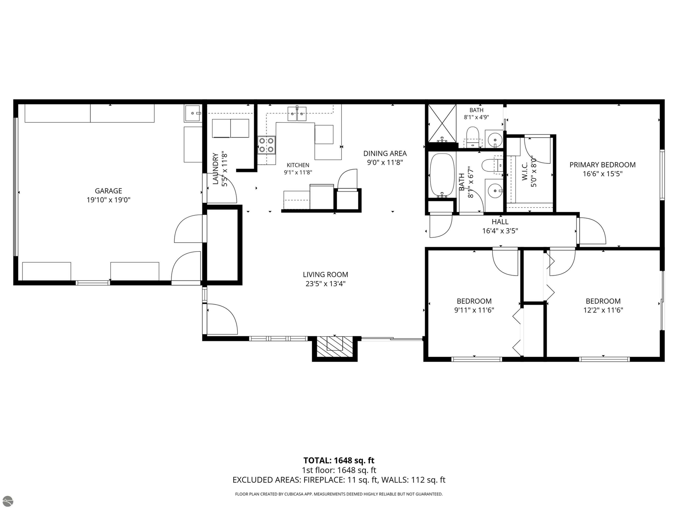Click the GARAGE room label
click(x=109, y=191)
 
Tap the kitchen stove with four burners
click(x=266, y=145)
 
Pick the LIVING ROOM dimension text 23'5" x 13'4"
click(x=326, y=284)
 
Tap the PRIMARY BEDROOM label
click(x=603, y=165)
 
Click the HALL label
click(x=500, y=222)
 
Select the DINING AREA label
click(x=385, y=153)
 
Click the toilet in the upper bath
click(x=473, y=136)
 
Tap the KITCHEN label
click(x=298, y=165)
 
